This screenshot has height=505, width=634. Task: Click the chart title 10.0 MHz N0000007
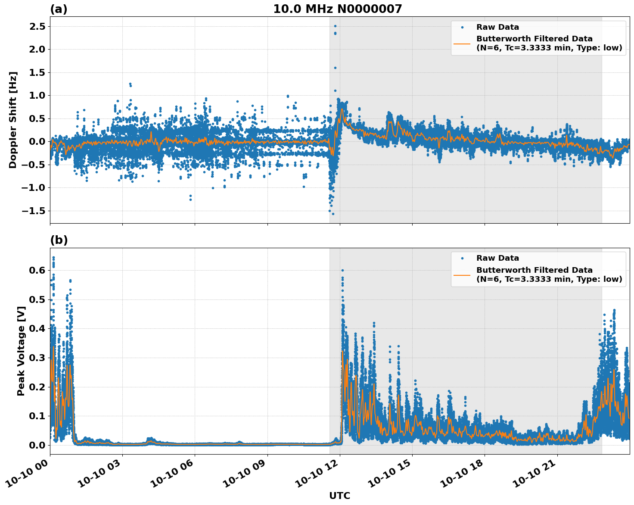337,9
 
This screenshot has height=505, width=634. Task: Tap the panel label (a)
59,9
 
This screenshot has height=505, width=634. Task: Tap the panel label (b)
59,240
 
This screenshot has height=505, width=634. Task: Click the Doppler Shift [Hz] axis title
13,120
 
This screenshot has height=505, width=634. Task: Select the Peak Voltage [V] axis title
21,351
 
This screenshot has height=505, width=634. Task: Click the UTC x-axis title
339,496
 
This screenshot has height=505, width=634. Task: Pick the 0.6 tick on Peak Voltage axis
37,270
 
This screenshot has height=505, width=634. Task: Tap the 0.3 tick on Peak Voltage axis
37,358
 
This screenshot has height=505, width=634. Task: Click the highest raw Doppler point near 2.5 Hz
335,26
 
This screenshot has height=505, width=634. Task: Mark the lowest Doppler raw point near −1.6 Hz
333,214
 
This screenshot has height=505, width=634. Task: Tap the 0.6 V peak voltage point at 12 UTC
342,270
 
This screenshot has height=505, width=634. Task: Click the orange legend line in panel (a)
462,44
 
